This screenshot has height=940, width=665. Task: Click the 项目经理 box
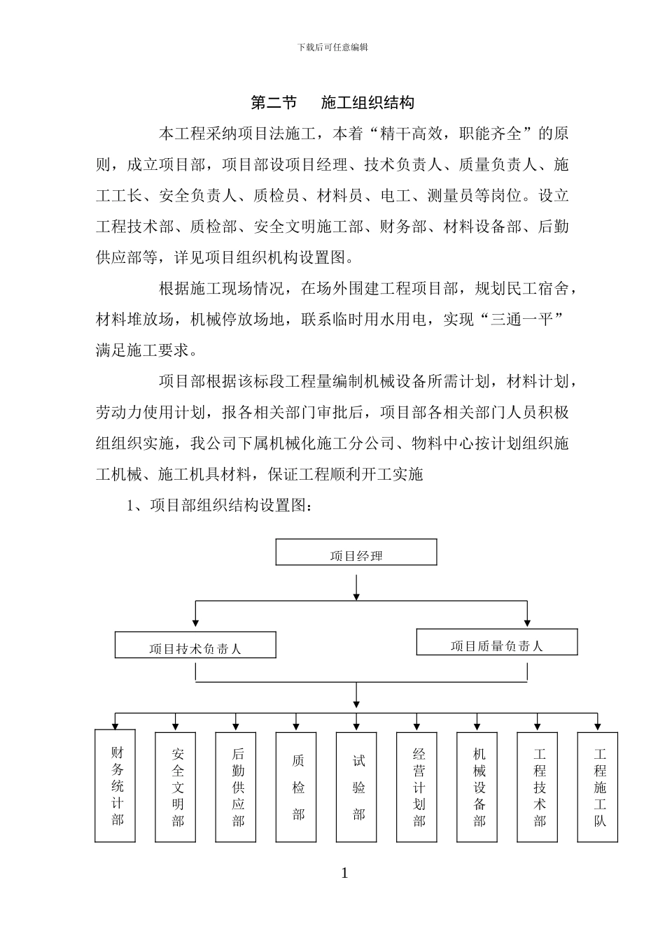pyautogui.click(x=356, y=553)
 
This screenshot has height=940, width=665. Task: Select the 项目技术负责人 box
pyautogui.click(x=195, y=646)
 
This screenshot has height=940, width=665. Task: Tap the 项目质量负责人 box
pyautogui.click(x=496, y=642)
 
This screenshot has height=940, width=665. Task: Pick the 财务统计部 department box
pyautogui.click(x=115, y=787)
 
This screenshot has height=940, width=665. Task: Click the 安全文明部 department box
pyautogui.click(x=176, y=787)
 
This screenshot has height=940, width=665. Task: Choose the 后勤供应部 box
pyautogui.click(x=236, y=787)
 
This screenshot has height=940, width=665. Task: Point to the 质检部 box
pyautogui.click(x=296, y=787)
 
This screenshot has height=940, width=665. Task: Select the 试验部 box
pyautogui.click(x=356, y=787)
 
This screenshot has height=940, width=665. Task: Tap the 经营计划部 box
pyautogui.click(x=416, y=787)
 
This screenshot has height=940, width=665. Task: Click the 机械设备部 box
pyautogui.click(x=477, y=787)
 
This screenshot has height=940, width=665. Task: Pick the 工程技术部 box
pyautogui.click(x=537, y=787)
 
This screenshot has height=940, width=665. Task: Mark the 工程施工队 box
pyautogui.click(x=597, y=787)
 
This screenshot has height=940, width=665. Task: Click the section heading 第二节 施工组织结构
pyautogui.click(x=332, y=103)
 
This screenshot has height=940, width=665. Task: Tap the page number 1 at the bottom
pyautogui.click(x=344, y=874)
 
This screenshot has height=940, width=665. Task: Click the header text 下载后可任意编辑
pyautogui.click(x=332, y=48)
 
